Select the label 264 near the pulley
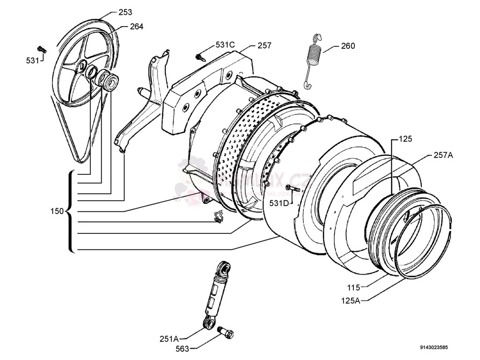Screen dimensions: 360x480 (136, 27)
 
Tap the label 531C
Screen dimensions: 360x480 (225, 45)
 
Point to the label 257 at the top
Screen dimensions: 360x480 (264, 45)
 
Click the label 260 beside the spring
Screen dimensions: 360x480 (348, 46)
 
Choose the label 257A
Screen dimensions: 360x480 (443, 155)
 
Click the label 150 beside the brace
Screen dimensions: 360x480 (57, 211)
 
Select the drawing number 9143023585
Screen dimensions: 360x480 (434, 347)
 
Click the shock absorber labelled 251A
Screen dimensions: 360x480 (216, 293)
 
